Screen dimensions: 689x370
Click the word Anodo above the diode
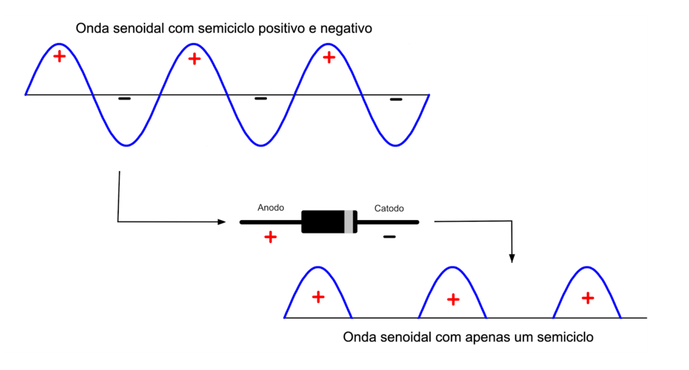[270, 208]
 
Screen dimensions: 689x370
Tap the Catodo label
[389, 209]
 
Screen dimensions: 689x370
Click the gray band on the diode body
[349, 221]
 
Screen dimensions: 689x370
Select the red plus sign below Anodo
[270, 237]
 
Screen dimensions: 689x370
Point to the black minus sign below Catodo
[390, 237]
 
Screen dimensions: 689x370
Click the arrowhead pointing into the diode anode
[222, 222]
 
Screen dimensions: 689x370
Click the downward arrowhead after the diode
[512, 258]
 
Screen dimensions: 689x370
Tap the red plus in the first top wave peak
[59, 57]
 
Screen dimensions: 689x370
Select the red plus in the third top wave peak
[328, 57]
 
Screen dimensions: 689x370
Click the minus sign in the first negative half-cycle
[124, 98]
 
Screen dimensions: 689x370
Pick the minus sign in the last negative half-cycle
[396, 100]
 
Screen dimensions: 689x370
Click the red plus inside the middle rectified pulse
[453, 299]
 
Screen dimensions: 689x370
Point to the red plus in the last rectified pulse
[588, 299]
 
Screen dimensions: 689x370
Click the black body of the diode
[323, 221]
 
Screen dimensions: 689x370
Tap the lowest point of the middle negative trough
[261, 145]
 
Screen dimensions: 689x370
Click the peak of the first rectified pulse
[318, 266]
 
